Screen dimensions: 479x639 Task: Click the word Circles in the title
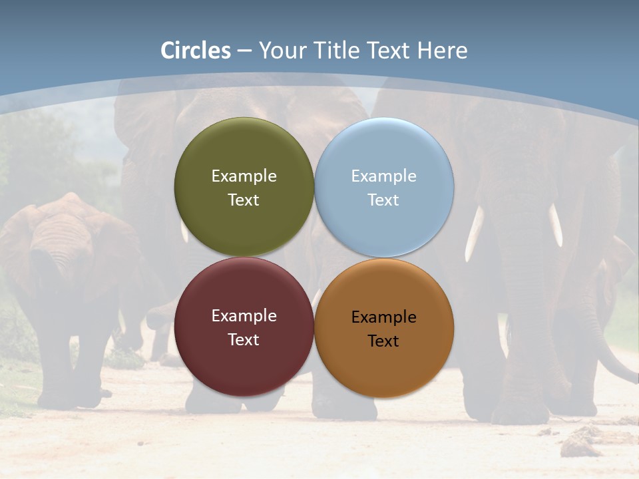pos(196,51)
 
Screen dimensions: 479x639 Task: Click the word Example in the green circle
pos(244,176)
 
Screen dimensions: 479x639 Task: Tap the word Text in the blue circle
pos(383,200)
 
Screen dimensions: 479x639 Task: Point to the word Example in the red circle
pos(244,316)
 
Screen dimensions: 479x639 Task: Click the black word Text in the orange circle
pos(383,341)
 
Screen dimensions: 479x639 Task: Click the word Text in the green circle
pos(244,200)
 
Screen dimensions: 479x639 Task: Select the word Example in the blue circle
pos(383,176)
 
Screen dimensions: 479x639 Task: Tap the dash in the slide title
pos(244,51)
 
